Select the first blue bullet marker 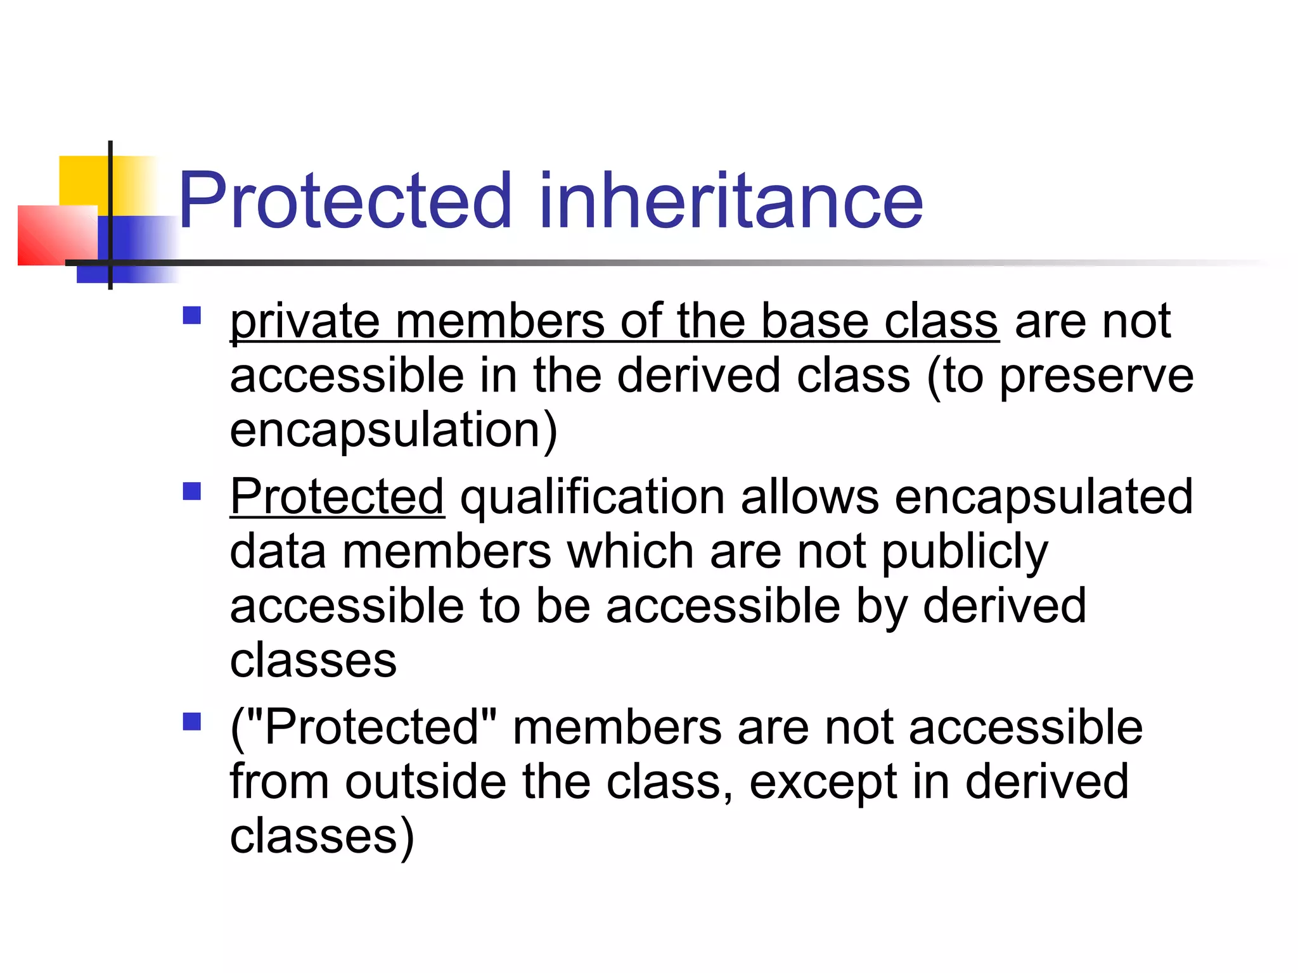tap(191, 315)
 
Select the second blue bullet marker tap(191, 491)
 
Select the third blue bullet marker tap(191, 722)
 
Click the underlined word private tap(304, 322)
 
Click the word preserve tap(1096, 376)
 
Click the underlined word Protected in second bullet tap(337, 497)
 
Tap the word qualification tap(592, 498)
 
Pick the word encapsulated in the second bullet tap(1043, 497)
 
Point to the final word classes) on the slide tap(321, 836)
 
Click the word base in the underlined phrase tap(814, 322)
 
